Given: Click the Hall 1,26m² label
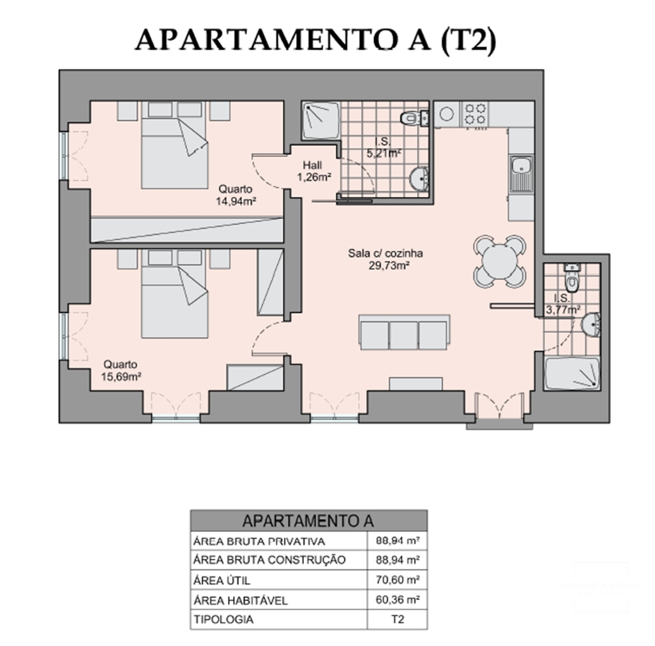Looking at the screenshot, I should click(312, 172).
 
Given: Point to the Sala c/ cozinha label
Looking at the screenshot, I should click(386, 259).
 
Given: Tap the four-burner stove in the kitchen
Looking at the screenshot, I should click(475, 114).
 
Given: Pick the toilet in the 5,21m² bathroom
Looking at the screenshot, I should click(412, 117).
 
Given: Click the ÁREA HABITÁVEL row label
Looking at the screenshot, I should click(240, 600).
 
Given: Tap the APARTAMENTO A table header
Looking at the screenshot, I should click(308, 520).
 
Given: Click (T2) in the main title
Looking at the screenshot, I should click(467, 40).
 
